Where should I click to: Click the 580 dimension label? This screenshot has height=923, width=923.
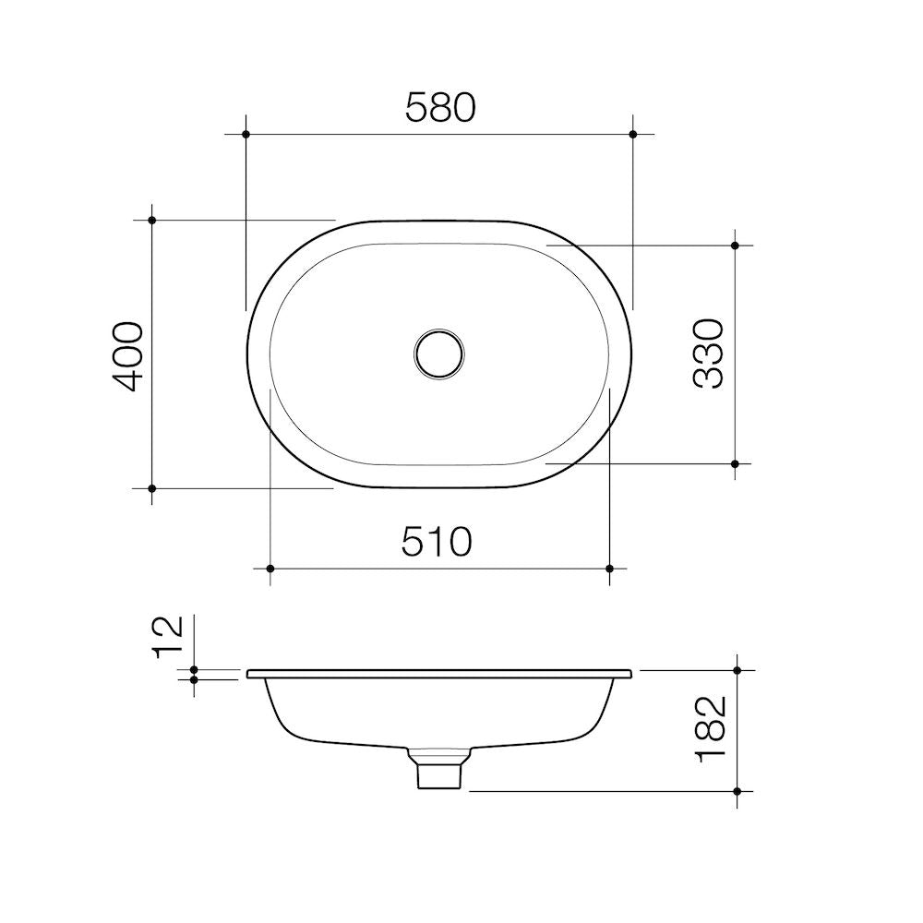coord(440,108)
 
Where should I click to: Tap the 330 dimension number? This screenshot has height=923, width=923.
coord(708,354)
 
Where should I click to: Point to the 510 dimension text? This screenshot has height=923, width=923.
coord(437,542)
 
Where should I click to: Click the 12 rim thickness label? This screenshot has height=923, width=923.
coord(169,637)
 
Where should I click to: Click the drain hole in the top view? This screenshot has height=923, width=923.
coord(438,353)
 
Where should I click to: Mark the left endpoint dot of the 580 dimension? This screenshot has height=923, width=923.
coord(246,135)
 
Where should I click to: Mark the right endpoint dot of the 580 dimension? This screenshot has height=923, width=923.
coord(633,135)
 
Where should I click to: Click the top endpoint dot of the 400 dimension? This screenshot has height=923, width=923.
coord(152,220)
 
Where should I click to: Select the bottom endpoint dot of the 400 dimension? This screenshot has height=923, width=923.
coord(152,487)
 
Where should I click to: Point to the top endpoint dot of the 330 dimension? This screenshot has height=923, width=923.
coord(735,246)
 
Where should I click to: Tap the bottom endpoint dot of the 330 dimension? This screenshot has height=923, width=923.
coord(735,463)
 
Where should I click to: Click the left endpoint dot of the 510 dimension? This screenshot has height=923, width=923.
coord(270,569)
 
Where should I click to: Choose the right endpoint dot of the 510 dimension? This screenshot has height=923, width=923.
coord(609,569)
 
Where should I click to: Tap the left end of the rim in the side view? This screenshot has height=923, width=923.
coord(249,674)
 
